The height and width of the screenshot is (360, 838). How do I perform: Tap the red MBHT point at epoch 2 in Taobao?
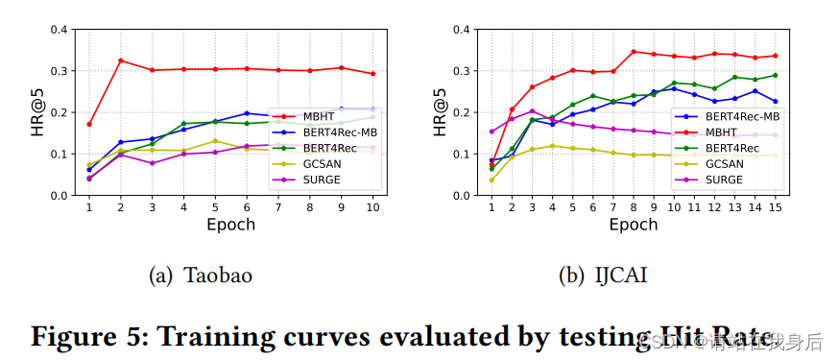coord(121,60)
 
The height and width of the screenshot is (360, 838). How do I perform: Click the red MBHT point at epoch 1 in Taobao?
coord(89,124)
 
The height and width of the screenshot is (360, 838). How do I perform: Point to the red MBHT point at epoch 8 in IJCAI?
coord(634,52)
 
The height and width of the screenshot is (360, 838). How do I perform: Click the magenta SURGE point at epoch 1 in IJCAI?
coord(491,132)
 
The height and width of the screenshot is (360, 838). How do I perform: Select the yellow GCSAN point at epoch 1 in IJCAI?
coord(491,180)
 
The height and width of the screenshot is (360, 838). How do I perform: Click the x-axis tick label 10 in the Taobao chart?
coord(373,207)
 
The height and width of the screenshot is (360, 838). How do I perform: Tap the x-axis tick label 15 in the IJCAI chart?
coord(775,207)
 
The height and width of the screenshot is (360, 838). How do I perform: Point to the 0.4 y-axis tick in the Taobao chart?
coord(58,30)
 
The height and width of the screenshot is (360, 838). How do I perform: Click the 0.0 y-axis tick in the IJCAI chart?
coord(461,196)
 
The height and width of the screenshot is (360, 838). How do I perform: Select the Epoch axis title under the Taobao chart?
coord(231,225)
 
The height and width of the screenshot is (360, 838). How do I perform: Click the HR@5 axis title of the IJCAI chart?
coord(440,112)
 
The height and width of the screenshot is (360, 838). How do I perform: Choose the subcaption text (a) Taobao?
coord(201,276)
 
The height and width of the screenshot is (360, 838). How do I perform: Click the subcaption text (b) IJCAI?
coord(604,276)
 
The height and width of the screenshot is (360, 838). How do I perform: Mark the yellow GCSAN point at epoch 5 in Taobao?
coord(216,141)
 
